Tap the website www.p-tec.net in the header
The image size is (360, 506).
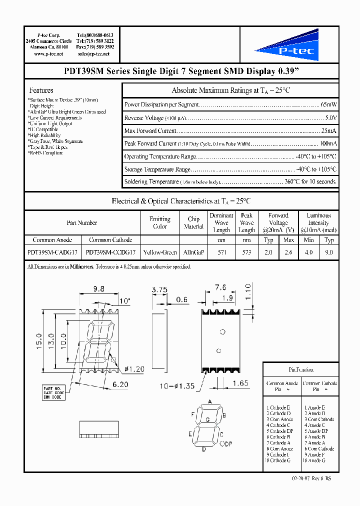(48, 53)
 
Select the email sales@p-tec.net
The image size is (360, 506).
(94, 53)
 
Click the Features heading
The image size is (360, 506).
(41, 90)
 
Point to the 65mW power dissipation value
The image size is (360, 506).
(328, 105)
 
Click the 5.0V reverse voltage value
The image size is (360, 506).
(330, 118)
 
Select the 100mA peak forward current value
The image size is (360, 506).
(328, 143)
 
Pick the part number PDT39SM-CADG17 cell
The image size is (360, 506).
(52, 252)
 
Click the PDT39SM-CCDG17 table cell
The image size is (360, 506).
(110, 252)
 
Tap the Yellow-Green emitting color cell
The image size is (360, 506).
(159, 252)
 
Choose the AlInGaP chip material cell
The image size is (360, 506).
(194, 252)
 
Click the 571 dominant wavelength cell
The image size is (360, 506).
(221, 252)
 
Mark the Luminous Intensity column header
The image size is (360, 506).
(318, 222)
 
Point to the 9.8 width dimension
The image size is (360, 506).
(99, 289)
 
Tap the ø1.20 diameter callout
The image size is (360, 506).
(133, 369)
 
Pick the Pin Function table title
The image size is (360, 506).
(301, 369)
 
